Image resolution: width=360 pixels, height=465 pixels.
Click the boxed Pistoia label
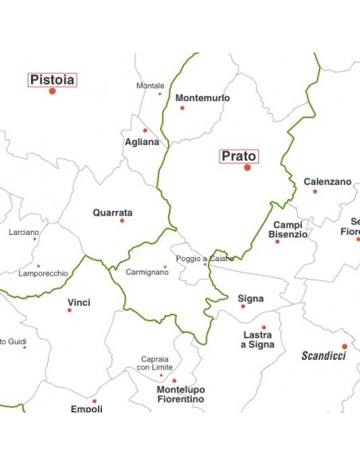[53, 80]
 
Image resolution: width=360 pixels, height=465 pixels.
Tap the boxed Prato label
[239, 156]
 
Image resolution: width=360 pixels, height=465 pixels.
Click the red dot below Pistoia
[53, 92]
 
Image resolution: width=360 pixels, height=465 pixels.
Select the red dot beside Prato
[248, 167]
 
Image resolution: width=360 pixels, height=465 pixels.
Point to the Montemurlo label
[202, 98]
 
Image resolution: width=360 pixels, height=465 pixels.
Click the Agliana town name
[142, 142]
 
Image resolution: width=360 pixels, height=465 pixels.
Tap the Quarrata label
[112, 213]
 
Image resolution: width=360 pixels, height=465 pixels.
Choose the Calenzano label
[327, 182]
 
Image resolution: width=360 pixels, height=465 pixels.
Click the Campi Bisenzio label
[288, 230]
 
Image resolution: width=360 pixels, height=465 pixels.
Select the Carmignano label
[147, 272]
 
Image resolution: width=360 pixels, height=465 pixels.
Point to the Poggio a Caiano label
[205, 259]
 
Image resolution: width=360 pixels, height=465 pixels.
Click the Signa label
[251, 299]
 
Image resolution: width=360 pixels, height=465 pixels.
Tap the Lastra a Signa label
[257, 340]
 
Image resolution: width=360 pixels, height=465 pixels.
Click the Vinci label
[79, 303]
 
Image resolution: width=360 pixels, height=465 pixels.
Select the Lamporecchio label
[43, 273]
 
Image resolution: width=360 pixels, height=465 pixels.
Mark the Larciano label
[23, 232]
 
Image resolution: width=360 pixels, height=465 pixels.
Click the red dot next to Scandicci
[345, 346]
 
